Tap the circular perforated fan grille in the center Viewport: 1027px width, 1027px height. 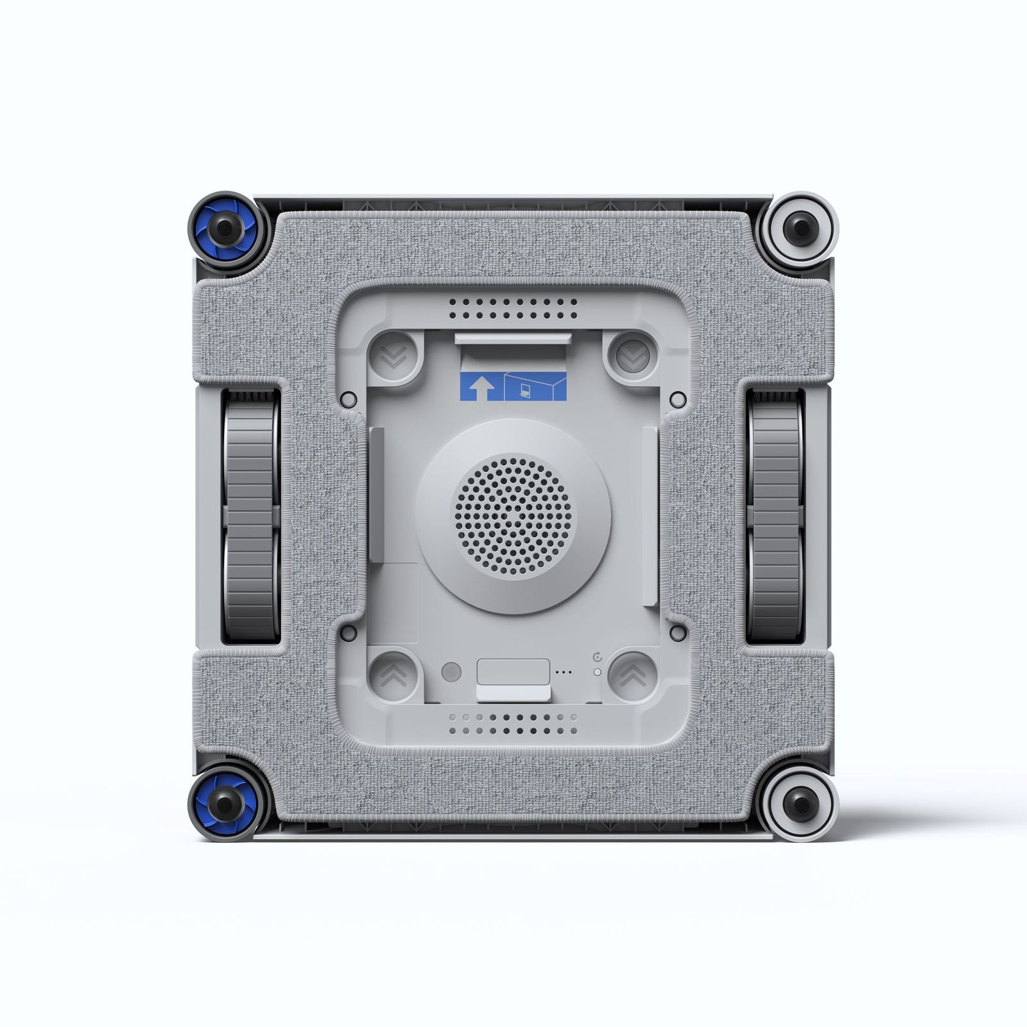[x=512, y=516]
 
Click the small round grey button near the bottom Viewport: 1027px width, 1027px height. [x=451, y=672]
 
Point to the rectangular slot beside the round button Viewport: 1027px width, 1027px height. [x=513, y=671]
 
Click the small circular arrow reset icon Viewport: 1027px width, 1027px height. [x=598, y=657]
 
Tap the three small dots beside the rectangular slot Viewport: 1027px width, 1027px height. [x=564, y=672]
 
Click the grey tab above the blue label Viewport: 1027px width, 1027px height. [x=512, y=338]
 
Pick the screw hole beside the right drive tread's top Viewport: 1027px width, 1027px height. [x=678, y=399]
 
